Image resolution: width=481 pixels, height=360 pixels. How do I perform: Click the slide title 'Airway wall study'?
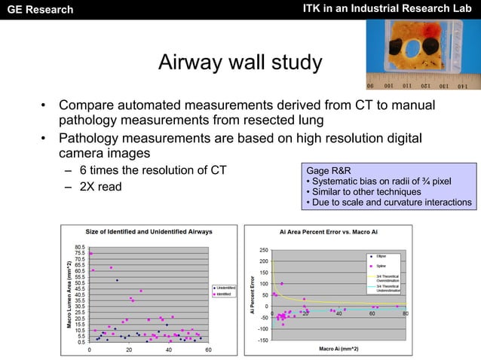point(240,63)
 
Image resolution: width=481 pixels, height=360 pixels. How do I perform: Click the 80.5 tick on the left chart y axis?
point(79,247)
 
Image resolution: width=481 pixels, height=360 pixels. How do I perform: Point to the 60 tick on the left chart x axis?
point(208,350)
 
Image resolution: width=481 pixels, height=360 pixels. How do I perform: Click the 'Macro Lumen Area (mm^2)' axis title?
point(70,294)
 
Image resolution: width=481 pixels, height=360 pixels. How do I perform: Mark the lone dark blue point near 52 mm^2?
point(117,280)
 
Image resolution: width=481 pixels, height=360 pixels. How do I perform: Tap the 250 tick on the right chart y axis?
point(264,250)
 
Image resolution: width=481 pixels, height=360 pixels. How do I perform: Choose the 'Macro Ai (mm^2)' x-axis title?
point(339,348)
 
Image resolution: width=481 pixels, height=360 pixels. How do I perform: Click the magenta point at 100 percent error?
point(282,284)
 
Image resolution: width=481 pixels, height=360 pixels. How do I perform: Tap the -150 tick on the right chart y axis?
point(262,340)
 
